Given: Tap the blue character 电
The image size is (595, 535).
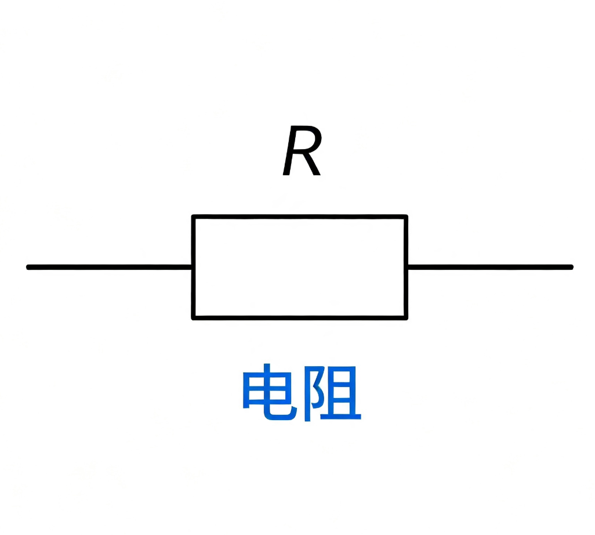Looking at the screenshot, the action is tap(270, 392).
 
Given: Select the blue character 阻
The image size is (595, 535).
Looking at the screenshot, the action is tap(332, 393).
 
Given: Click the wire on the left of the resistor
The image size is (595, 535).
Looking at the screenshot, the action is tap(110, 267).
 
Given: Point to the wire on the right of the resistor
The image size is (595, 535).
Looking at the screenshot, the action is tap(490, 267).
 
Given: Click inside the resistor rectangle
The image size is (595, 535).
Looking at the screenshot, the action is tap(300, 267).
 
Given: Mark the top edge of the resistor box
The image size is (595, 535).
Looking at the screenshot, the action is tap(300, 217).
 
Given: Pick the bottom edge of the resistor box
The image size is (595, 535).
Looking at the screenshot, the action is tap(300, 318).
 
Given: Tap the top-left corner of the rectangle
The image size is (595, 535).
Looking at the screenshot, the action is tap(194, 217).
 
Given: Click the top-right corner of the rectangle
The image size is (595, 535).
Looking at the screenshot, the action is tap(406, 217).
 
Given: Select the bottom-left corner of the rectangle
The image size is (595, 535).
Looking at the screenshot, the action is tap(194, 318).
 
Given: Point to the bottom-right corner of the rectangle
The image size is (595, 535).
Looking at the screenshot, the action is tap(406, 318).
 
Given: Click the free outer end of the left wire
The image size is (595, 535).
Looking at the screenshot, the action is tap(28, 267).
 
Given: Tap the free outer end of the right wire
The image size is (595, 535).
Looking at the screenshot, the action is tap(571, 267).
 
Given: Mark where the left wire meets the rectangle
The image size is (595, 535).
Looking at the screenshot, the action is tap(193, 267).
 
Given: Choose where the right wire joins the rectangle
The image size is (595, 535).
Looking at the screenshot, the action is tap(407, 267).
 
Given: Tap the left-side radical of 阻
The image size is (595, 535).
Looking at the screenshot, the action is tap(312, 394).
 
